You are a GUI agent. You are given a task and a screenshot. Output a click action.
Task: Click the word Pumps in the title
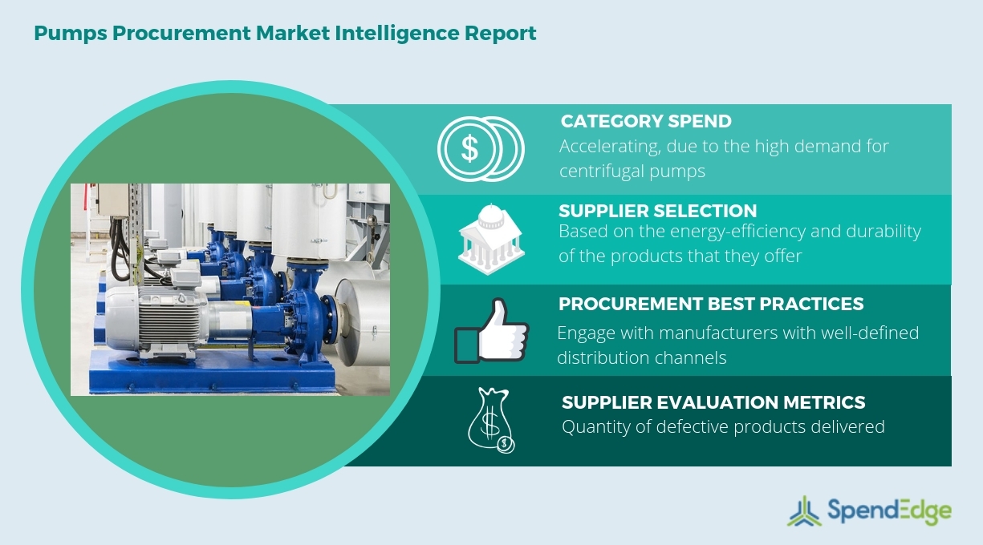[71, 34]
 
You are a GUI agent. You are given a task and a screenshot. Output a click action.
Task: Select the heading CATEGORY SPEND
[646, 122]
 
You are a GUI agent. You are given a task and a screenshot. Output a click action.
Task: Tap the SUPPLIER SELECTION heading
[657, 211]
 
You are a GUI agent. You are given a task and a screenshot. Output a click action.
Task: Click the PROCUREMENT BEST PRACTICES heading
[711, 304]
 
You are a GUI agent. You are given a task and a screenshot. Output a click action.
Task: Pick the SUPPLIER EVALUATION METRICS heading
[713, 402]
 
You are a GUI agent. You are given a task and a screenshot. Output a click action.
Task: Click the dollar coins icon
[481, 148]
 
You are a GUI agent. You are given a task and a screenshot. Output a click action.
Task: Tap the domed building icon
[491, 239]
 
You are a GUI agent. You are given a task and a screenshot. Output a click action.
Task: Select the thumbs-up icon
[491, 331]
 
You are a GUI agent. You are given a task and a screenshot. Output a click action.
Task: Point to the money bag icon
[491, 420]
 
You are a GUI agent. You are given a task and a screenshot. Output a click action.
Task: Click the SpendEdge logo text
[890, 511]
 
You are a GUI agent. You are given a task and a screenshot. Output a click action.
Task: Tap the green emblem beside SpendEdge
[804, 511]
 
